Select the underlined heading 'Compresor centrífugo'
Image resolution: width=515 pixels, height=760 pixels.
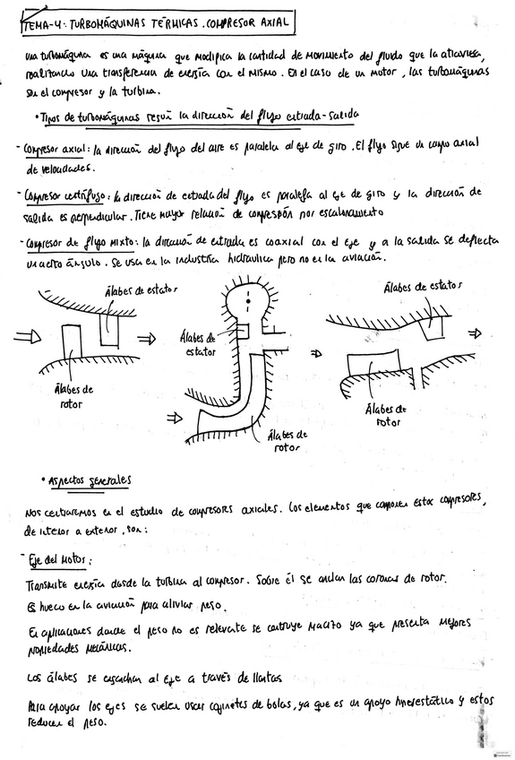[58, 194]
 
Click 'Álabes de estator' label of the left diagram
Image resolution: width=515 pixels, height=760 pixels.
[141, 289]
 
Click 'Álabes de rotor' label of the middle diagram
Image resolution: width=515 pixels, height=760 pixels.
[287, 441]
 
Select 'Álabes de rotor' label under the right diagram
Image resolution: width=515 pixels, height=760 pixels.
[386, 415]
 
